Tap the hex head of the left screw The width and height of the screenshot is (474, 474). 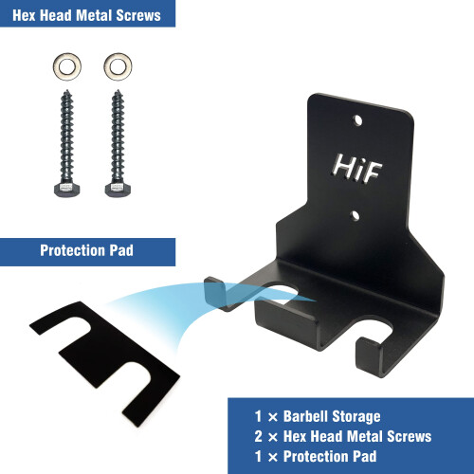pos(67,190)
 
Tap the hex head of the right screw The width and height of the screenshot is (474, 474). pos(118,190)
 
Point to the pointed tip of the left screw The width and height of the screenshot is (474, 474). pos(66,91)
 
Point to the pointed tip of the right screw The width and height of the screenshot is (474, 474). pos(118,91)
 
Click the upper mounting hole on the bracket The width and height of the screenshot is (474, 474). pos(357,120)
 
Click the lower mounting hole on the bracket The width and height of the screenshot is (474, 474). pos(355,215)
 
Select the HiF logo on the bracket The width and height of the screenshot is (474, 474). pos(356,168)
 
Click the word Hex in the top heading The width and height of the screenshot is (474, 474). pos(24,15)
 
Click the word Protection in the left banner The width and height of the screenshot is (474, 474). pos(72,250)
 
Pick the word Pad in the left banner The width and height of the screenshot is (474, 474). pos(121,250)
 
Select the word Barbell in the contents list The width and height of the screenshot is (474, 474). pos(305,416)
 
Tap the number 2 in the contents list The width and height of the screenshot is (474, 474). pos(259,436)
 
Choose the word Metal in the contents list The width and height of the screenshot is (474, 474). pos(363,436)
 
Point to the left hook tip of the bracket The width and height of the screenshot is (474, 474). pos(215,292)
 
